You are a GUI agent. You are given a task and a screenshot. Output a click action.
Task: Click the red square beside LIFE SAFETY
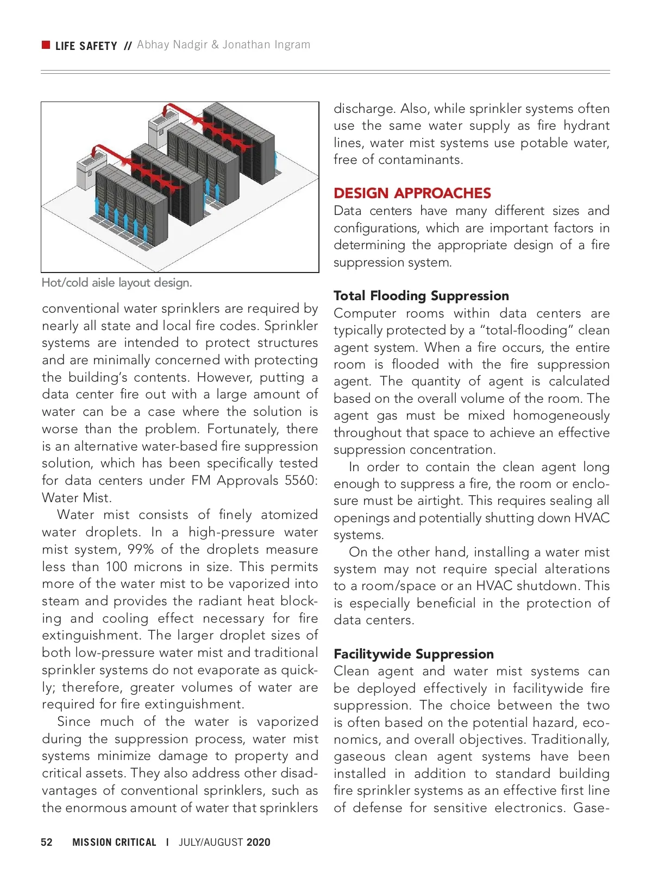coord(46,45)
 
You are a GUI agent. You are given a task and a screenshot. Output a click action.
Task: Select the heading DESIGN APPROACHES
coord(412,193)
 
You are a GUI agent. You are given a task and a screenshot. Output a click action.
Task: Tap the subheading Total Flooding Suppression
coord(421,296)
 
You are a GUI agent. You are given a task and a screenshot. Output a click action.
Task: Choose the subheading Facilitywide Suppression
coord(413,654)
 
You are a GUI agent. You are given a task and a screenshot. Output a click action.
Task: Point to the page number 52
coord(47,842)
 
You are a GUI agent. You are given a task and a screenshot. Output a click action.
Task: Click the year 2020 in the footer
coord(258,842)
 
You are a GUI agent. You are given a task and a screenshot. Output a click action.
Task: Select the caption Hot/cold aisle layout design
coord(117,283)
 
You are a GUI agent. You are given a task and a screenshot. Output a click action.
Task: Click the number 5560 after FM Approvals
coord(301,480)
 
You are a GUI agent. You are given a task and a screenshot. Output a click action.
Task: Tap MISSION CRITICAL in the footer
coord(114,842)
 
